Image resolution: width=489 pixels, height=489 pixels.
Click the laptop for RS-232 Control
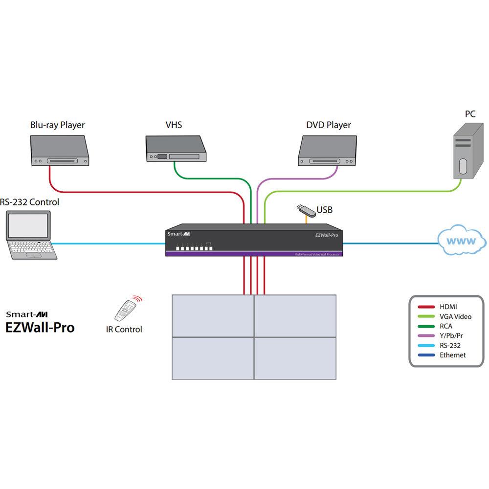tap(29, 234)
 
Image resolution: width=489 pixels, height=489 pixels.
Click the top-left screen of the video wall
tap(212, 316)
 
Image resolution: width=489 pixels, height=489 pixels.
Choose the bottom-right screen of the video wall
tap(295, 358)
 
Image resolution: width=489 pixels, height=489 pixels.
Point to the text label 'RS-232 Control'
tap(29, 202)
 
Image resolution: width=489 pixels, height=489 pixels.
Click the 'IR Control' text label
tap(124, 330)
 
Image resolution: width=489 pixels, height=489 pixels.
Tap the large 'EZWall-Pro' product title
tap(40, 327)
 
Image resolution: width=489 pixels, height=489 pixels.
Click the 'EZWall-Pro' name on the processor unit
tap(326, 235)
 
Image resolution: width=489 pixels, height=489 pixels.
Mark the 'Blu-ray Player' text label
tap(58, 125)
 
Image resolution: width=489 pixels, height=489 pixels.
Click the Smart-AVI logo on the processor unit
tap(177, 234)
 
